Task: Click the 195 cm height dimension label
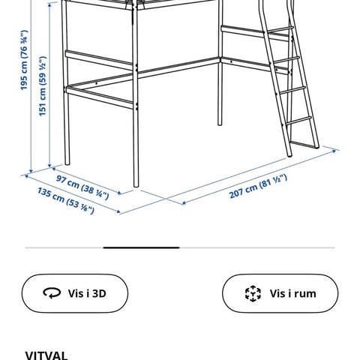click(x=24, y=60)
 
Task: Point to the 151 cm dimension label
click(x=43, y=86)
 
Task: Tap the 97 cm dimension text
click(x=82, y=187)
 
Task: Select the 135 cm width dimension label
click(x=66, y=201)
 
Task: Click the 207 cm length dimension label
click(x=258, y=186)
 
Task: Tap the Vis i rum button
click(x=280, y=293)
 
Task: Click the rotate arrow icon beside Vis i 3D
click(x=52, y=293)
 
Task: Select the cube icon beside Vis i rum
click(x=253, y=293)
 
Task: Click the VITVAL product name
click(x=46, y=355)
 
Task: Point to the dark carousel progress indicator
click(x=141, y=247)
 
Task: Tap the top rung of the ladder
click(x=280, y=30)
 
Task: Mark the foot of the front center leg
click(x=136, y=185)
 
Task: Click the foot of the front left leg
click(x=67, y=163)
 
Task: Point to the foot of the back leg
click(x=220, y=124)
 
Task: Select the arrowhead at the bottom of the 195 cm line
click(x=31, y=171)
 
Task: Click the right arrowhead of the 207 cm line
click(x=334, y=151)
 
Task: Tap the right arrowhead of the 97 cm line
click(x=119, y=193)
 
